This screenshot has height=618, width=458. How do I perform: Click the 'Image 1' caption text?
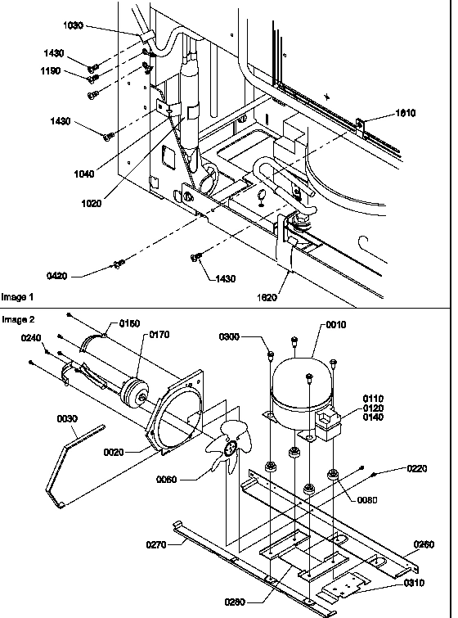tap(19, 296)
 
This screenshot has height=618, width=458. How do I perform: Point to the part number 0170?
tap(159, 335)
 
